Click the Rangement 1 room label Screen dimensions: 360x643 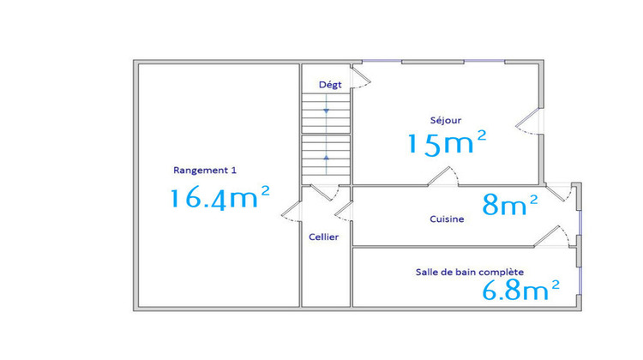204,170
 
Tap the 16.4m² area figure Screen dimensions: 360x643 219,198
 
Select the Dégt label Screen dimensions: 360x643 329,84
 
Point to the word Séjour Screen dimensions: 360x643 446,120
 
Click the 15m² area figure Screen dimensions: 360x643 447,142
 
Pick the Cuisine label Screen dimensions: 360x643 447,219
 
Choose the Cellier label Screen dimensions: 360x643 324,237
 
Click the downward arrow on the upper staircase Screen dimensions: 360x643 326,110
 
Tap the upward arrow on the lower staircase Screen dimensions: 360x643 326,159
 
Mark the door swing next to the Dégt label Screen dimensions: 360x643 361,79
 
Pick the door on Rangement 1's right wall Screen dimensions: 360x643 291,214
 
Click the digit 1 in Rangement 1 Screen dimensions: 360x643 233,170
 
